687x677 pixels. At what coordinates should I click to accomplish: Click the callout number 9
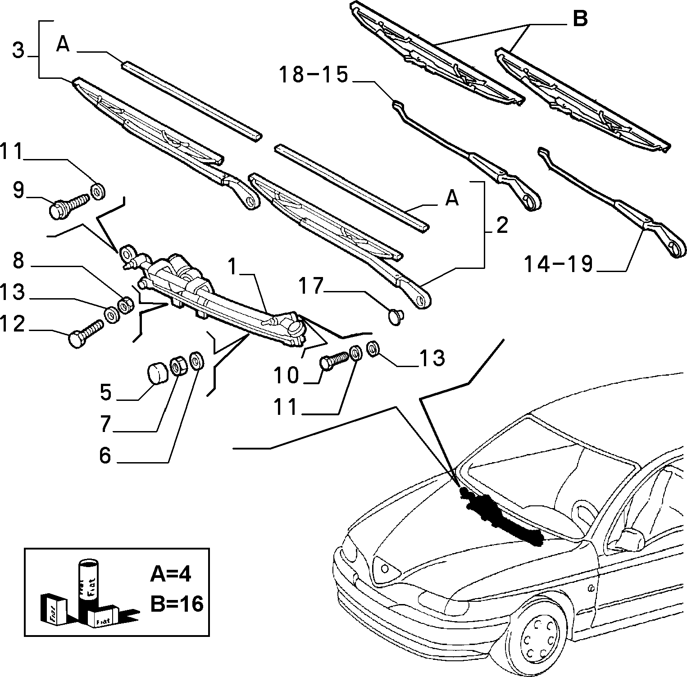18,190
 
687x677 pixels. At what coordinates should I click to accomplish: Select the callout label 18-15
314,74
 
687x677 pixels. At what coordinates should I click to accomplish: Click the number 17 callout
311,287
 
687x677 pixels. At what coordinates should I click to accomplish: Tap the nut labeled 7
178,366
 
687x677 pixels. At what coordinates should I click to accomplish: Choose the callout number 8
18,261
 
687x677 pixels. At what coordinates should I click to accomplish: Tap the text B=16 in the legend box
177,604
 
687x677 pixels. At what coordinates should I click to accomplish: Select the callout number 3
18,50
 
